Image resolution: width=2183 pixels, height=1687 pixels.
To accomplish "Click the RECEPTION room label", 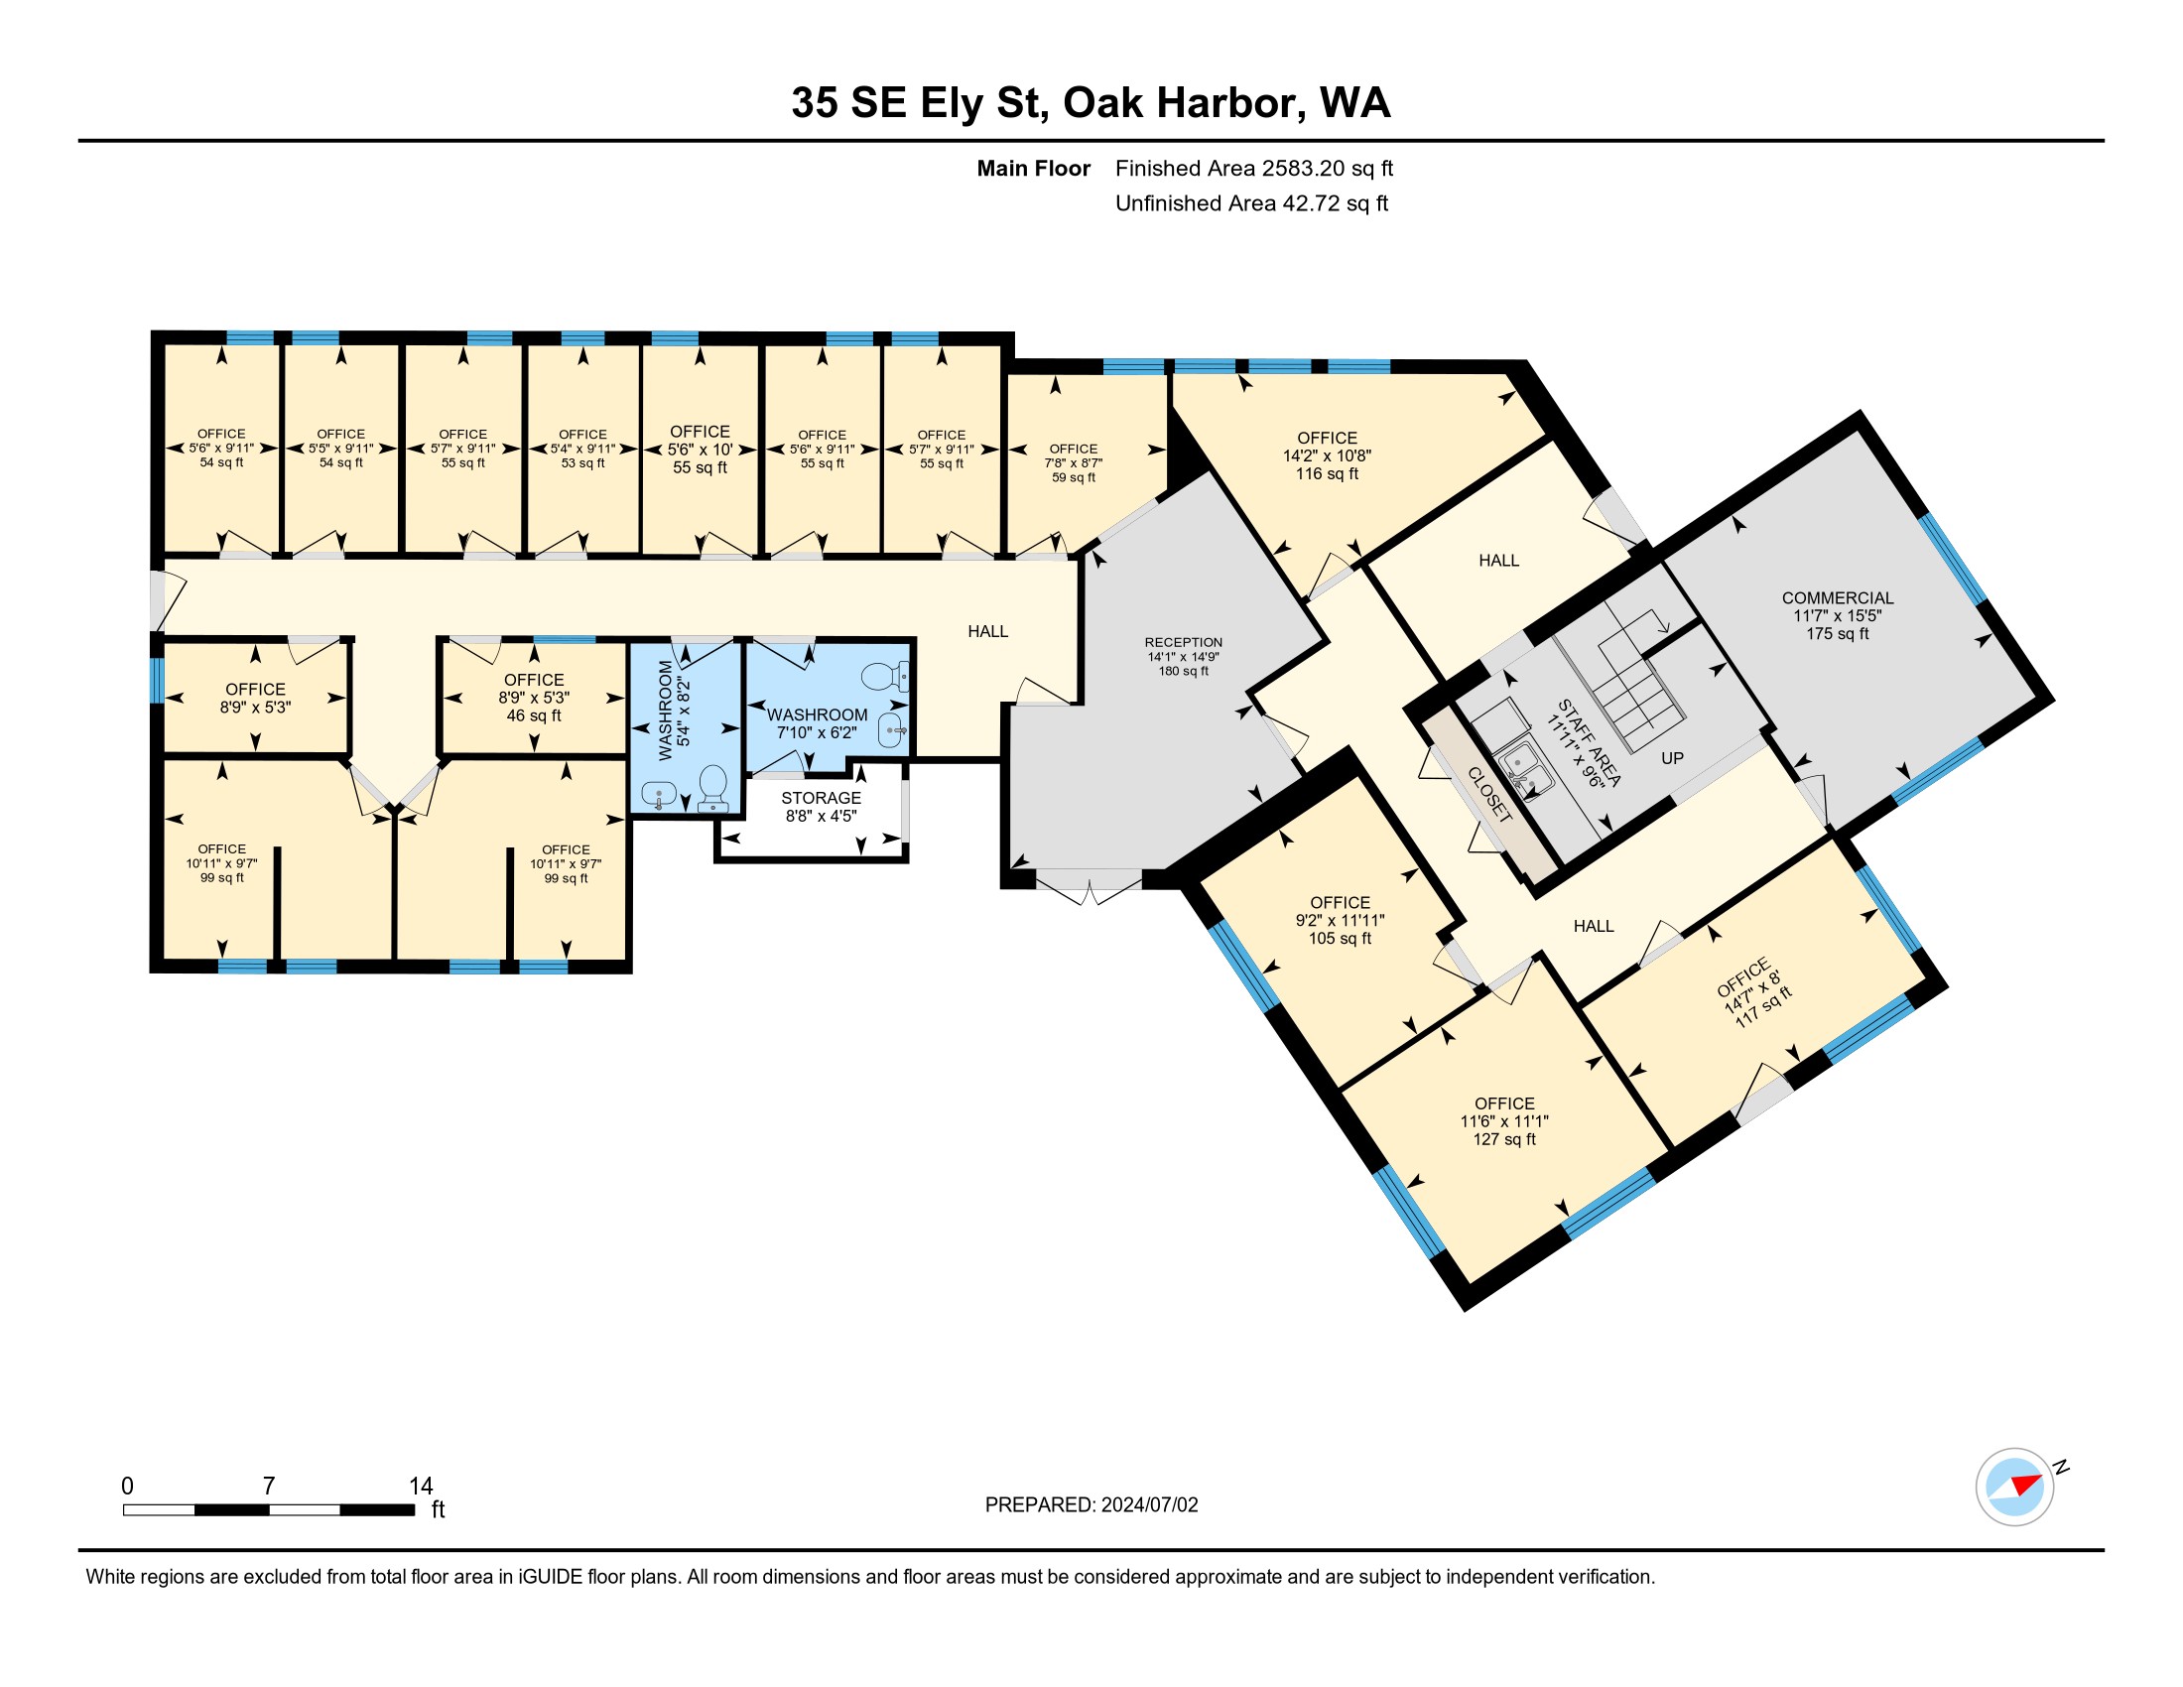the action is coord(1184,643).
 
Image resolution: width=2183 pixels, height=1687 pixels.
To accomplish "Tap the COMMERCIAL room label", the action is coord(1837,597).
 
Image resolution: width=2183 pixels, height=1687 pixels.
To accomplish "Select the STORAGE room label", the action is coord(821,798).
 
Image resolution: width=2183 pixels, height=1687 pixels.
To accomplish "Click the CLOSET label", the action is coord(1489,794).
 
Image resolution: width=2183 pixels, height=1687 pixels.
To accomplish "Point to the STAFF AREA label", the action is coord(1590,742).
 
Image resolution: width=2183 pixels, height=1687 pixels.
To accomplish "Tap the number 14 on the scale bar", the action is coord(421,1487).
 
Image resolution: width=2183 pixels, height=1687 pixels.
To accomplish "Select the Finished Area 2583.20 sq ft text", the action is coord(1254,169).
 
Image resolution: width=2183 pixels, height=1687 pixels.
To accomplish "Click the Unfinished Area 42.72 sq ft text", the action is coord(1251,203).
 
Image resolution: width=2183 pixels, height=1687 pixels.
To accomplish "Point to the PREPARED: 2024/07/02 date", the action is coord(1091,1505).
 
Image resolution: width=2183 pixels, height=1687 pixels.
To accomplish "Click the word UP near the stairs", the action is coord(1672,758).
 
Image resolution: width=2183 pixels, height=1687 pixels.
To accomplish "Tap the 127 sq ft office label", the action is coord(1504,1139).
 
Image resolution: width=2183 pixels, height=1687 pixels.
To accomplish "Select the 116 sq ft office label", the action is coord(1328,473).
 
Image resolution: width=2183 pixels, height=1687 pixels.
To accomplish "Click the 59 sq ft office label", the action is coord(1074,477).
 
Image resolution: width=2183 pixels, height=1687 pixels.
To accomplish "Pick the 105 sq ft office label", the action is coord(1341,939).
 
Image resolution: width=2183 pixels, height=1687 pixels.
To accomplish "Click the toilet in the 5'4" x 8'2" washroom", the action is coord(713,789).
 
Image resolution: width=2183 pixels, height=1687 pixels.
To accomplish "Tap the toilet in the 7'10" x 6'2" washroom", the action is coord(884,677).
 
